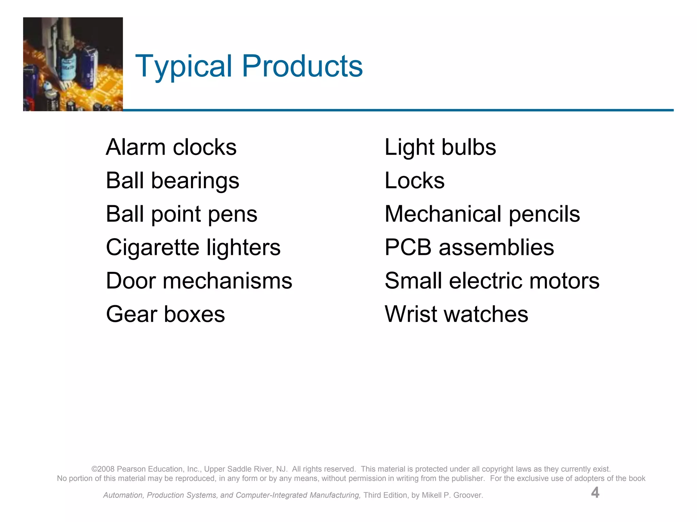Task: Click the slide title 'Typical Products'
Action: [249, 66]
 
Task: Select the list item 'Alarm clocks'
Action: [171, 147]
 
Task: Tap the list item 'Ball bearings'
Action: [173, 181]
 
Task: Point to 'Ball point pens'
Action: [181, 214]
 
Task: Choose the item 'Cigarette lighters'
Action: [193, 247]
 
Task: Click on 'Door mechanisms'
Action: [199, 281]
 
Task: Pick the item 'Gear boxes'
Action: [165, 314]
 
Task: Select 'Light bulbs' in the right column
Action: [440, 147]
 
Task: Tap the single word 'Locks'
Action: [414, 180]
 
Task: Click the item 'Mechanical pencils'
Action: [482, 214]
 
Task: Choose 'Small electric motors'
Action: [492, 281]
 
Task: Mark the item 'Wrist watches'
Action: [456, 314]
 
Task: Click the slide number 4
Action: [595, 492]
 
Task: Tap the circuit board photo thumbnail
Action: [73, 64]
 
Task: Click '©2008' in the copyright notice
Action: [103, 469]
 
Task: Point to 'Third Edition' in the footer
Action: [386, 495]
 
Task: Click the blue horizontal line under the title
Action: [398, 110]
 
